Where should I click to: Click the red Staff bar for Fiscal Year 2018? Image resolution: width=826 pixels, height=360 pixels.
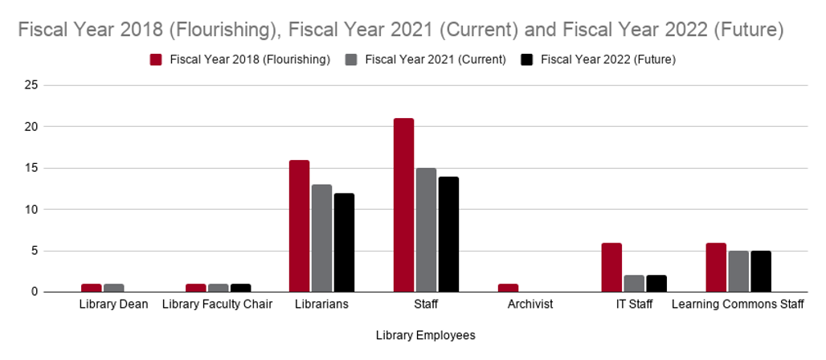[x=403, y=205]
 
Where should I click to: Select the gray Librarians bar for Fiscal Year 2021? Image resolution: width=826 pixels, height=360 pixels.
[x=321, y=238]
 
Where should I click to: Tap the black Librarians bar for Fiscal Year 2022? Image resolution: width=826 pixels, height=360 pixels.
[x=344, y=242]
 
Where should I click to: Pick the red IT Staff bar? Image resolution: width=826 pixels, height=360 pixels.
[x=611, y=267]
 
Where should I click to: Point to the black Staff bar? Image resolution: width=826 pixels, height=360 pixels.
[x=448, y=234]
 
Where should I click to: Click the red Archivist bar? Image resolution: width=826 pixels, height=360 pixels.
[x=508, y=288]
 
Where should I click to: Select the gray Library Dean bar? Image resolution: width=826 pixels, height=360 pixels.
[x=113, y=288]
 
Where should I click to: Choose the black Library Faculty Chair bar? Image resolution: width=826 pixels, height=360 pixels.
[x=240, y=288]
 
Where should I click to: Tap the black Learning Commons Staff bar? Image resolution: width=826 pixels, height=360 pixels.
[x=760, y=271]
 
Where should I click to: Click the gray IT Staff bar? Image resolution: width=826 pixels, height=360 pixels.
[x=634, y=284]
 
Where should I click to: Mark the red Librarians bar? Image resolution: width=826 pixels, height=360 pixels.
[x=299, y=226]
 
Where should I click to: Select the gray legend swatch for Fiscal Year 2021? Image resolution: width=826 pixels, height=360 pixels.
[x=351, y=59]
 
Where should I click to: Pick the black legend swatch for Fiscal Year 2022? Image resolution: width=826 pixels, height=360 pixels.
[x=527, y=59]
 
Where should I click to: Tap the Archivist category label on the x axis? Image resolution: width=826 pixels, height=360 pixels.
[x=530, y=305]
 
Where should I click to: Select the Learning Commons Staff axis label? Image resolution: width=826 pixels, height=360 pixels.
[x=738, y=305]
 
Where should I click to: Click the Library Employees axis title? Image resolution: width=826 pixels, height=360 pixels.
[x=425, y=336]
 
